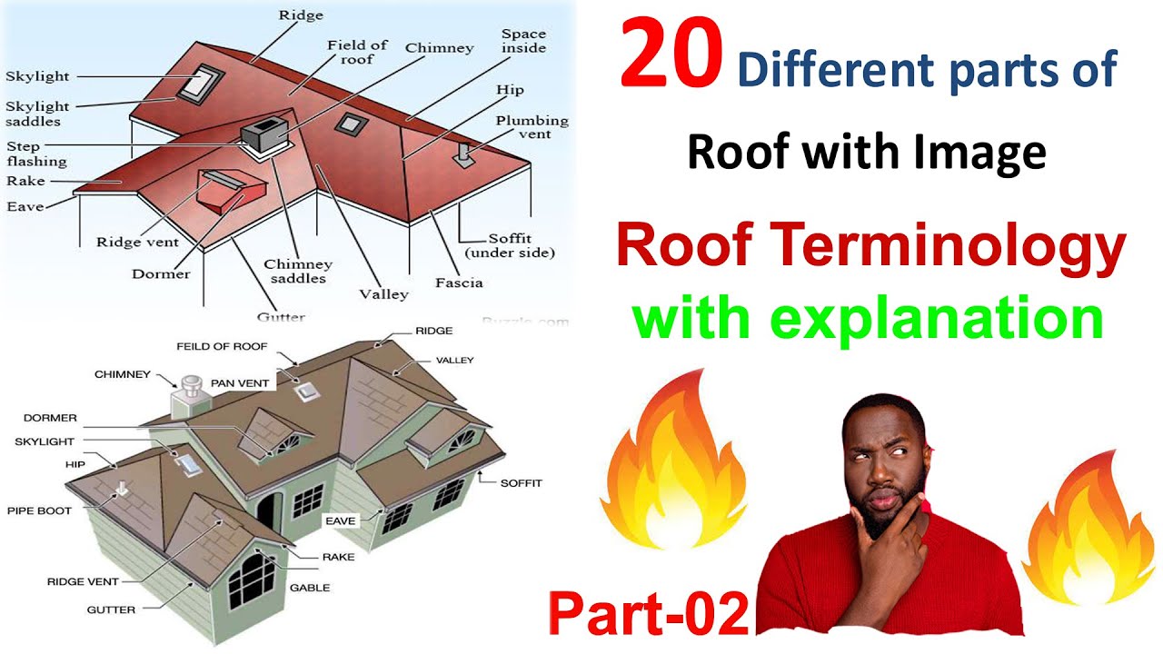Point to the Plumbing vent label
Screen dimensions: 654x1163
tap(532, 127)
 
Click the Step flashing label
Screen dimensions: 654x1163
tap(36, 154)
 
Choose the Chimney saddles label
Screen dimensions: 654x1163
tap(298, 272)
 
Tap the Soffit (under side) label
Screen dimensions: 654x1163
tap(509, 245)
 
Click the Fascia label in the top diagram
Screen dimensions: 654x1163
tap(458, 282)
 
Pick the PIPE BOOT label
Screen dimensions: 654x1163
tap(39, 510)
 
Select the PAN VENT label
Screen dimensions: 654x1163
tap(240, 383)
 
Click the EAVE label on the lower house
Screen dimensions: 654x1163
tap(342, 520)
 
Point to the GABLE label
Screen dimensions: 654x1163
tap(309, 588)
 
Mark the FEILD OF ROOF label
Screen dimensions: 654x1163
tap(223, 347)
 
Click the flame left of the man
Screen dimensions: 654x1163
tap(672, 472)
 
